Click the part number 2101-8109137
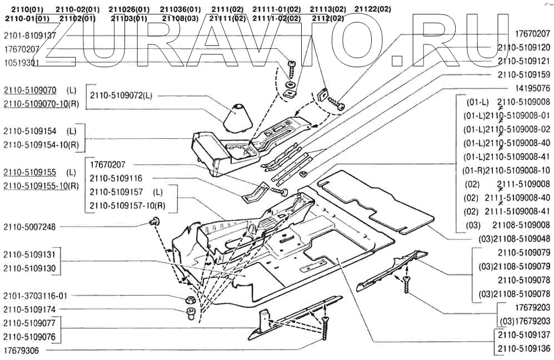point(30,36)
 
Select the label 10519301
point(21,63)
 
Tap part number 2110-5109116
point(116,178)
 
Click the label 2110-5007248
point(30,226)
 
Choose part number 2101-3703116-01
point(35,296)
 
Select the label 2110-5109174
point(30,309)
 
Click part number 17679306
point(21,351)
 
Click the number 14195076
point(532,88)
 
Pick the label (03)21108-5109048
point(514,239)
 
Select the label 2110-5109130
point(30,268)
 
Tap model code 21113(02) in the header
point(327,9)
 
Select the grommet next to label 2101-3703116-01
point(189,301)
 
